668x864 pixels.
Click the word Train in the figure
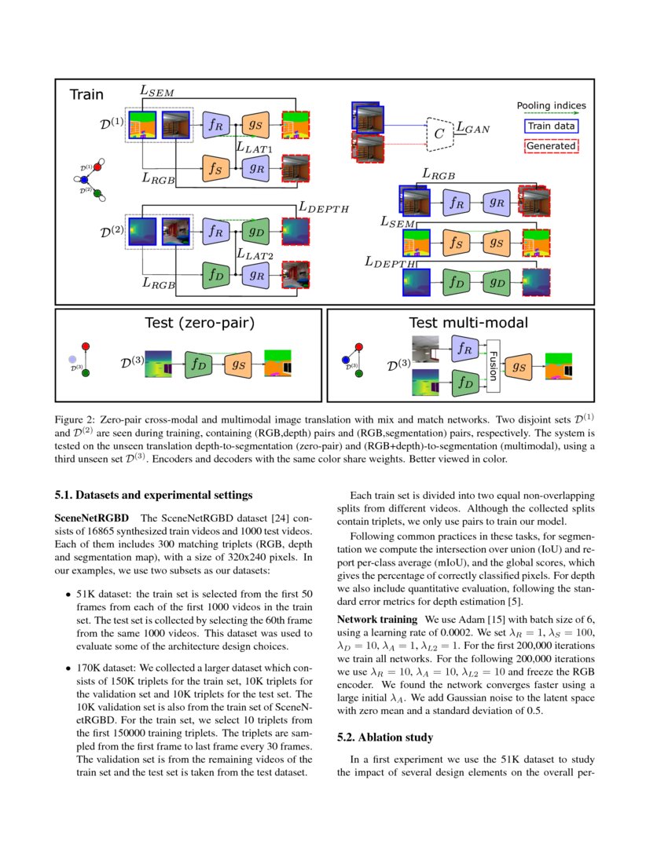[86, 94]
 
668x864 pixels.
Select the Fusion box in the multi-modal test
[494, 366]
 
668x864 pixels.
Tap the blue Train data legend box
[551, 126]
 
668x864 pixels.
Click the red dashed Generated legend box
[551, 146]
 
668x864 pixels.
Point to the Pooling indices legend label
[551, 105]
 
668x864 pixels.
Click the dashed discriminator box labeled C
[440, 134]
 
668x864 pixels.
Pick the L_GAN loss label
[473, 128]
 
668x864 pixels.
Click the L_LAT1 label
[254, 147]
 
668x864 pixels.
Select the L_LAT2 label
[255, 254]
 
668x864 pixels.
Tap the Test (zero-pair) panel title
[200, 322]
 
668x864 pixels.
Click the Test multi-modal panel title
[468, 322]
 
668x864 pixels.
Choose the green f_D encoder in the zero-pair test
[198, 364]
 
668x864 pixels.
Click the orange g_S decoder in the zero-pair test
[238, 364]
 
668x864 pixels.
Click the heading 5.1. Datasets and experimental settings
[153, 495]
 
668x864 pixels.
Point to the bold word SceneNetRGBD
[91, 518]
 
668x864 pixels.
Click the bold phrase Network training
[377, 620]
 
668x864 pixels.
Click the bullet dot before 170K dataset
[68, 668]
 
